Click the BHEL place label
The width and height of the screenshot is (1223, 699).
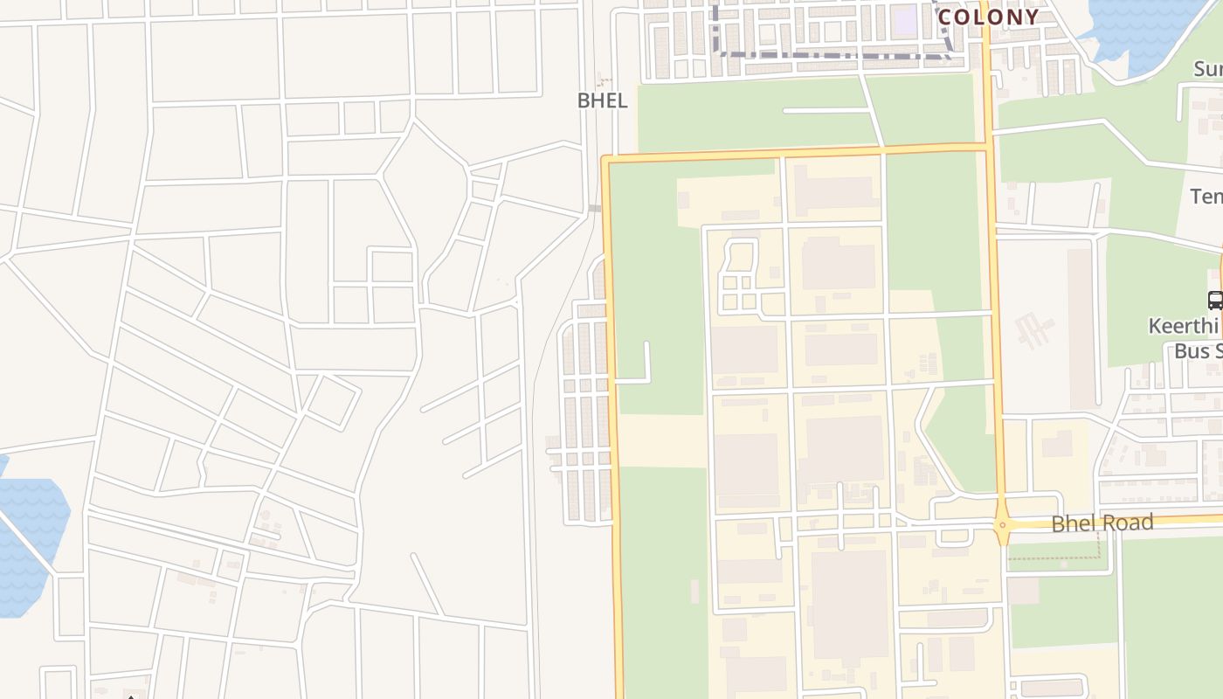[x=602, y=100]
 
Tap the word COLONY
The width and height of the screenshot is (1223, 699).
[x=988, y=17]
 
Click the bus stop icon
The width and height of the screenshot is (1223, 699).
[x=1214, y=300]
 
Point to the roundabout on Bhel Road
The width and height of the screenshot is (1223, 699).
[x=1002, y=525]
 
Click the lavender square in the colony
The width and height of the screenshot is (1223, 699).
[x=906, y=17]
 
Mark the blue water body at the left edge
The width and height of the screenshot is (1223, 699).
[x=31, y=542]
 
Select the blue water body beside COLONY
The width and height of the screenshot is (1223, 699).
[x=1144, y=26]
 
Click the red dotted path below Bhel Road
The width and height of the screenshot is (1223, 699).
[x=1057, y=556]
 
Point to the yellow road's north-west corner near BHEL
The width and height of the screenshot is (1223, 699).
[x=606, y=160]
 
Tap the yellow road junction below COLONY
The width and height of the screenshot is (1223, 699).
[x=987, y=146]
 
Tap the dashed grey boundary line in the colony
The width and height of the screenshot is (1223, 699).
[x=830, y=55]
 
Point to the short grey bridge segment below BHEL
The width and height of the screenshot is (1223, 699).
[x=594, y=208]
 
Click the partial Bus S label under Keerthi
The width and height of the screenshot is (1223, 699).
[x=1197, y=351]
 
